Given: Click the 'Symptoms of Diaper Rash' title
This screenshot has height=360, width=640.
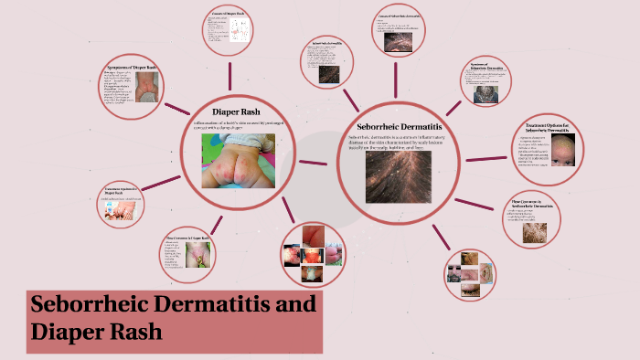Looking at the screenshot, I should pyautogui.click(x=132, y=68).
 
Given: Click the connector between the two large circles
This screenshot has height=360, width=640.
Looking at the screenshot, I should pyautogui.click(x=314, y=164).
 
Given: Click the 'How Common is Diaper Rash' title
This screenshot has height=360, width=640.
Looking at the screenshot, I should pyautogui.click(x=187, y=238).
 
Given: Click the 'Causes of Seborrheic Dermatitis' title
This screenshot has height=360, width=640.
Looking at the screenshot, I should pyautogui.click(x=400, y=17).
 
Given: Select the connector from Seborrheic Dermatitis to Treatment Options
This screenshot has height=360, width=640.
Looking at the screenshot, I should pyautogui.click(x=485, y=158).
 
